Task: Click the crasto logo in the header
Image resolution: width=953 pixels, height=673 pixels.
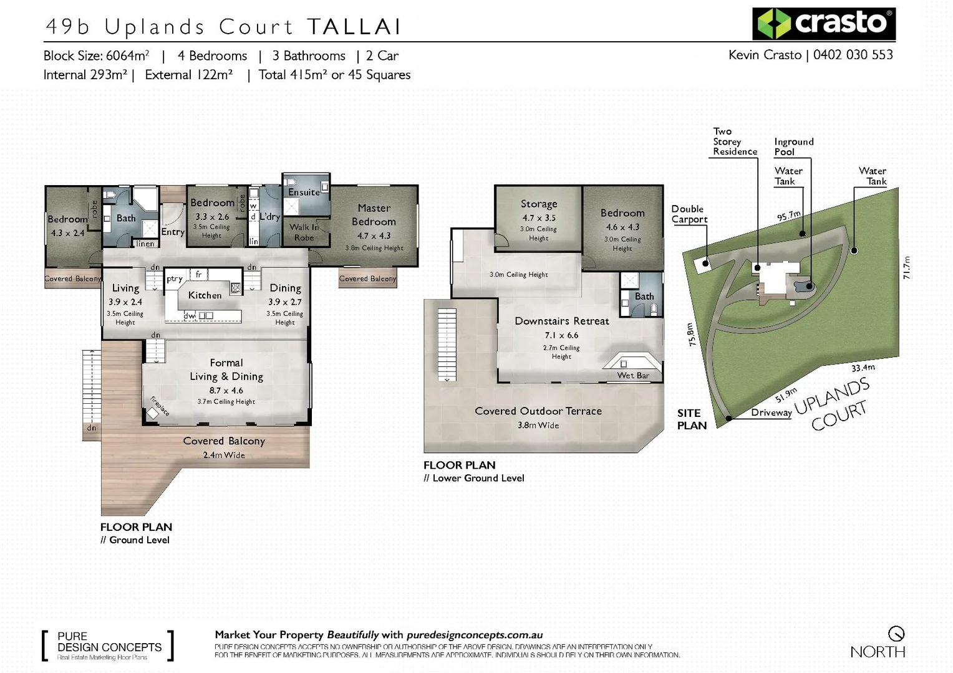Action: coord(823,24)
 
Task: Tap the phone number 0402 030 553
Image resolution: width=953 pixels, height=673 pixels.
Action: coord(853,55)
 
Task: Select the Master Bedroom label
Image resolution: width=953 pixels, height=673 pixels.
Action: coord(374,215)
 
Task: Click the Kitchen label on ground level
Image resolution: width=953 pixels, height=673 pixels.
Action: coord(205,295)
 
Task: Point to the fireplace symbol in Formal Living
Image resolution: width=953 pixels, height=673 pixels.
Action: coord(153,413)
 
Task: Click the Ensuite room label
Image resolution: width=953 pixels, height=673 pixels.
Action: coord(304,193)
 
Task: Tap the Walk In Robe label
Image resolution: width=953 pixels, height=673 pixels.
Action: coord(304,232)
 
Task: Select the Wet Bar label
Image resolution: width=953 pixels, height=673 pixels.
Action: coord(633,375)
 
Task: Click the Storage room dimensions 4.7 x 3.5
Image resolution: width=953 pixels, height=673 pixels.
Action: coord(539,218)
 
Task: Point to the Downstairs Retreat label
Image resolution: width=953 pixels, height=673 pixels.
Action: coord(561,321)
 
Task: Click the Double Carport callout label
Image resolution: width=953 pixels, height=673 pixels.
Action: coord(689,214)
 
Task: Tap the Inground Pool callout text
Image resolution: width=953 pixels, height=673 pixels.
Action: coord(793,146)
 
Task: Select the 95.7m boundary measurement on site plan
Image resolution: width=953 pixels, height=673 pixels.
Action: coord(789,216)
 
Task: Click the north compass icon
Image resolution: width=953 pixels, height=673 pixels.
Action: coord(896,634)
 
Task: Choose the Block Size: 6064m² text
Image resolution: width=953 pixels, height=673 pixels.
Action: coord(96,55)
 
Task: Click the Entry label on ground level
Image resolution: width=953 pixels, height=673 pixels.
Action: coord(173,232)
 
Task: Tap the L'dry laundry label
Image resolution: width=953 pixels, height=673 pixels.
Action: coord(269,217)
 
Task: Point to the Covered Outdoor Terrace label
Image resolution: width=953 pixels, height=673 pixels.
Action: coord(538,411)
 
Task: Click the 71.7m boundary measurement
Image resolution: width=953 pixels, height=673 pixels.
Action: coord(907,267)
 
